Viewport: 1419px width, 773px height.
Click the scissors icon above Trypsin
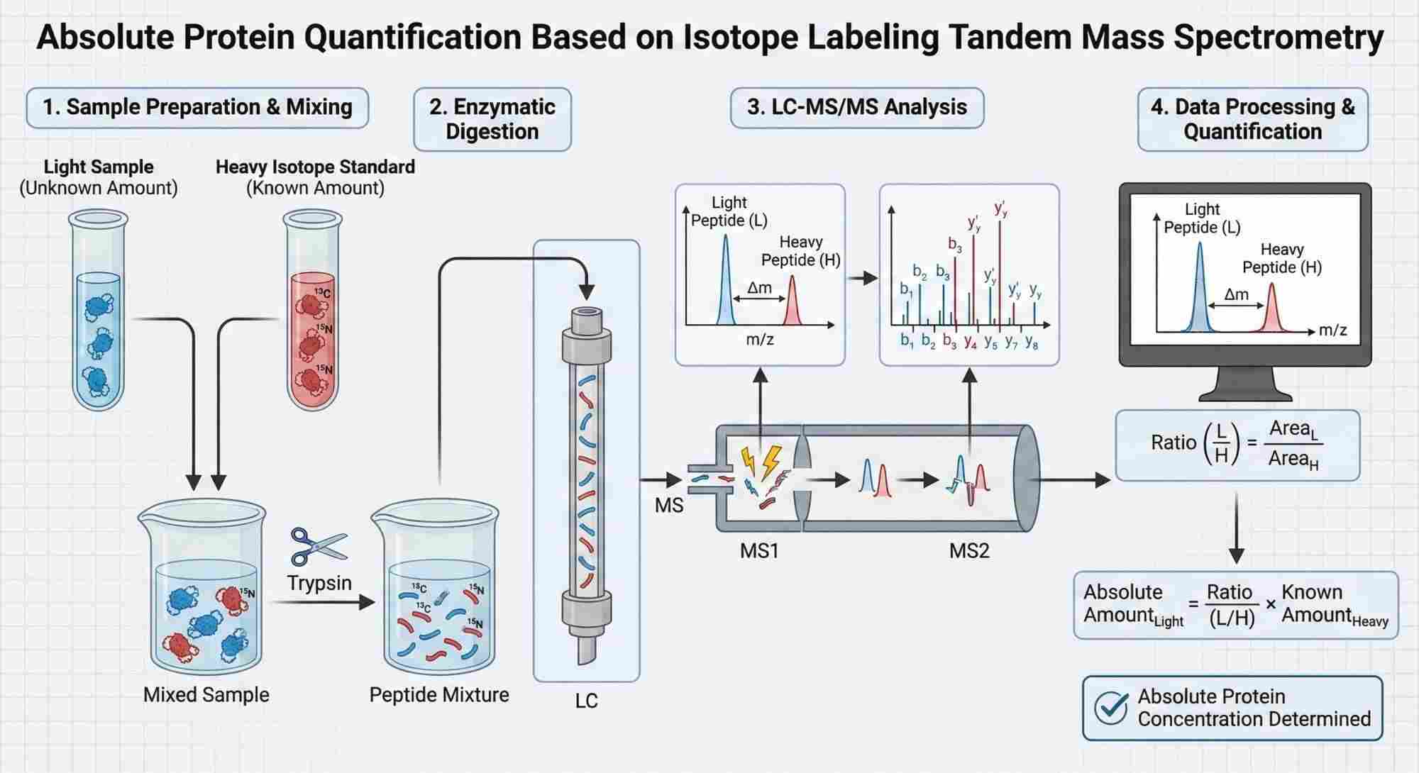[x=318, y=547]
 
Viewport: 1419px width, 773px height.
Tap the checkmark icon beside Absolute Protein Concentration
[x=1111, y=707]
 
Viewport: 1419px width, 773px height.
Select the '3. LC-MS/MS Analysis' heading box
[x=856, y=107]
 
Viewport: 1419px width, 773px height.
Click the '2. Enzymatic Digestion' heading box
[x=492, y=118]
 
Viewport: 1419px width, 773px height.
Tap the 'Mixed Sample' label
[x=206, y=694]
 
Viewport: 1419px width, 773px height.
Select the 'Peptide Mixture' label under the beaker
[x=438, y=694]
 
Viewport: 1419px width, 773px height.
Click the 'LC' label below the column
[x=586, y=701]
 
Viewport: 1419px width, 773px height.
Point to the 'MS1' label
[x=759, y=550]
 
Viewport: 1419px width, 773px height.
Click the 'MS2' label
[x=968, y=550]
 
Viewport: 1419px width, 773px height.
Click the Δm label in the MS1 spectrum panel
[x=759, y=287]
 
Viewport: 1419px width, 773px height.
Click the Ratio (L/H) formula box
[x=1237, y=445]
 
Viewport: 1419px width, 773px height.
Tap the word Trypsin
[x=319, y=583]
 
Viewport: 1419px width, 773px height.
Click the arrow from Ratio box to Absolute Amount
[x=1237, y=528]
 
